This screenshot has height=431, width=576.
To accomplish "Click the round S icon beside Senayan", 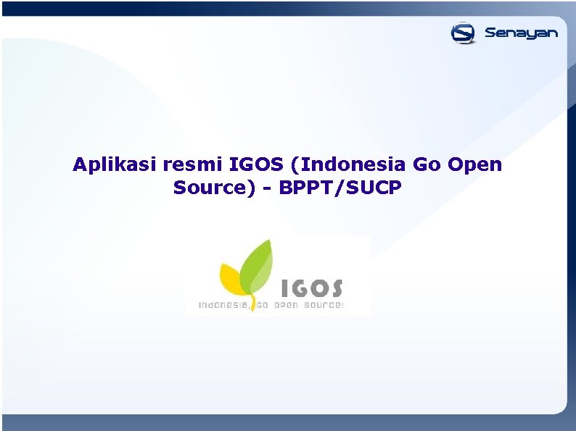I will click(463, 33).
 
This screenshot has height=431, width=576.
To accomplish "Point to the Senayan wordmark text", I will click(521, 33).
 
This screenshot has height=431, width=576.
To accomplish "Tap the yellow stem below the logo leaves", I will click(252, 303).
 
